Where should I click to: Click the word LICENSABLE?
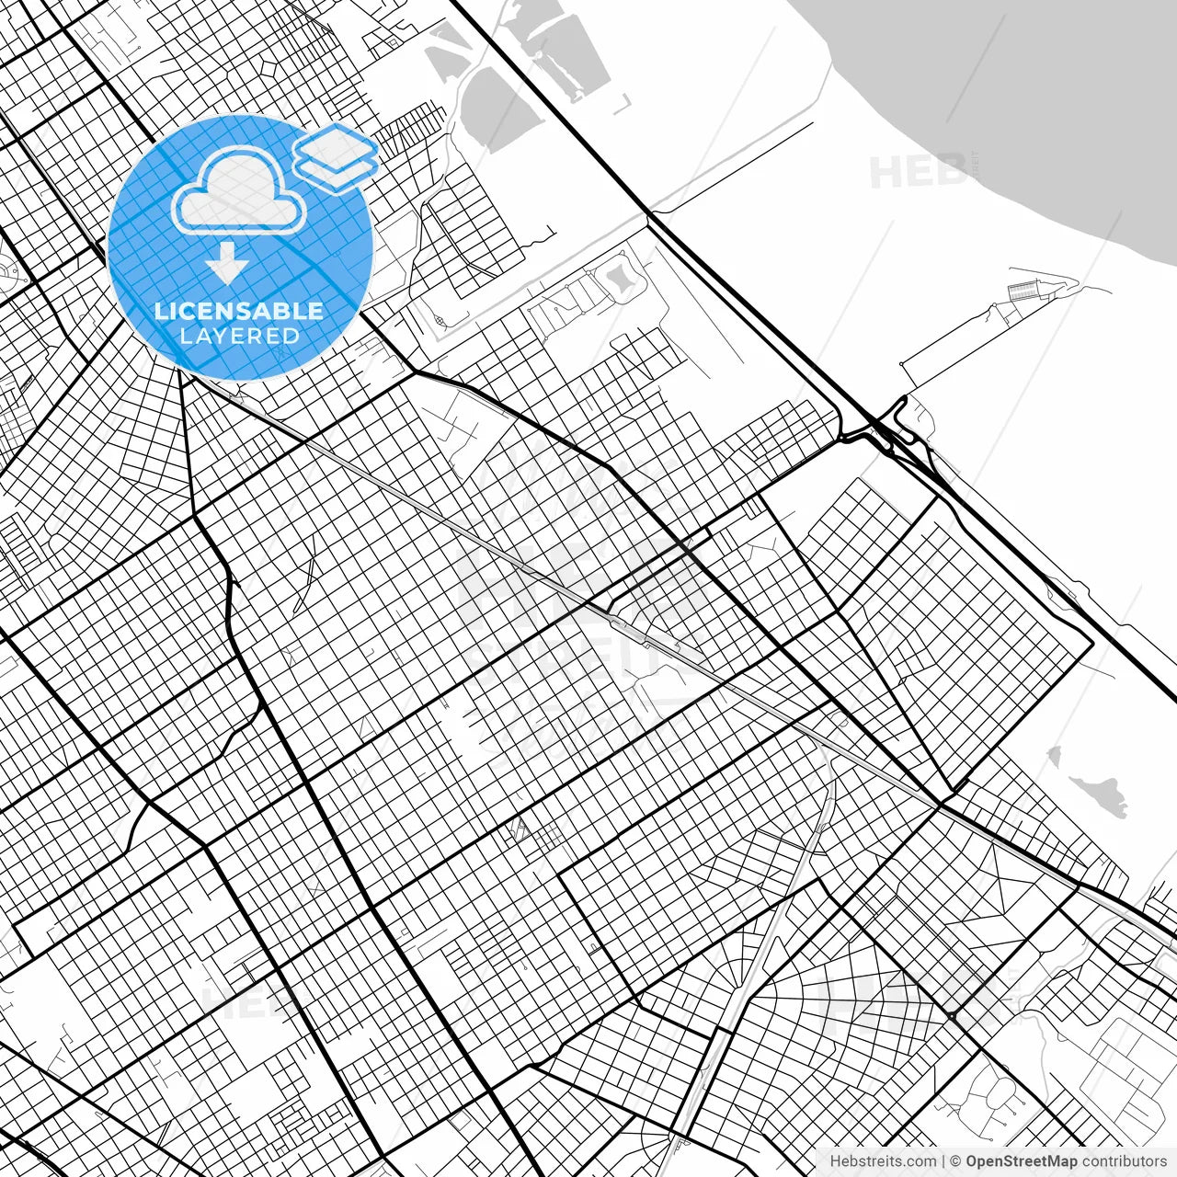(239, 311)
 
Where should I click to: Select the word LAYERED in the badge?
(239, 336)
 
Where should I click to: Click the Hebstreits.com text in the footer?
(883, 1161)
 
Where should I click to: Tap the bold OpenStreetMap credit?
(1021, 1161)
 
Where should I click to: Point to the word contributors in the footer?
(1125, 1161)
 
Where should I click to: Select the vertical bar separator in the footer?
(944, 1161)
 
